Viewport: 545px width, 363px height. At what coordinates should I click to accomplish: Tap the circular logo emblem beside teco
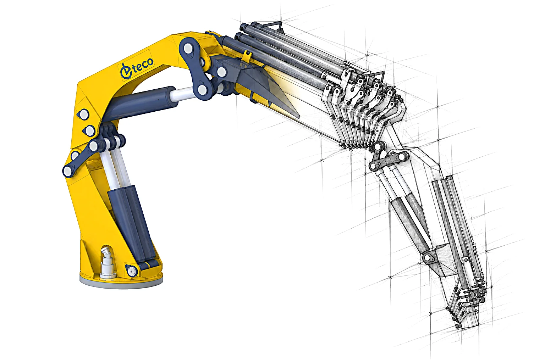(x=126, y=71)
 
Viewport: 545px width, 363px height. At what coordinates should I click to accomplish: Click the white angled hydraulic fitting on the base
(x=107, y=263)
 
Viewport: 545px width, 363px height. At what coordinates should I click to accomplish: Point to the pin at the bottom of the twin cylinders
(x=132, y=270)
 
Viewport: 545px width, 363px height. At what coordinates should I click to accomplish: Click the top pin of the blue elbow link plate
(x=188, y=48)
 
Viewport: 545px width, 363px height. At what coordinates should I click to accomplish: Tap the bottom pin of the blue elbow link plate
(x=202, y=90)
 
